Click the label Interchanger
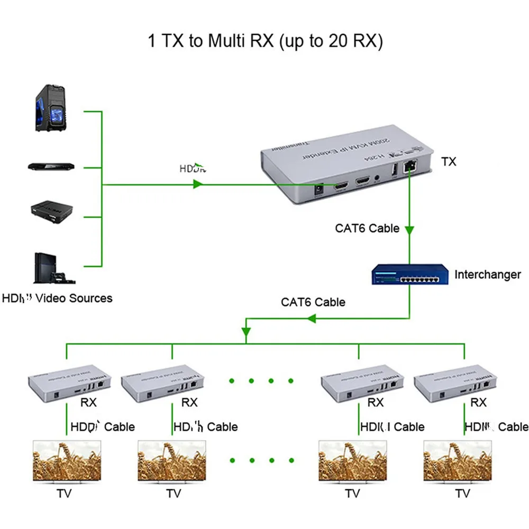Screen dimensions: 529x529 click(487, 275)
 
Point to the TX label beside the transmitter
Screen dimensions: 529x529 click(448, 162)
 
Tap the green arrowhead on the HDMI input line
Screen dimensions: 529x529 click(198, 185)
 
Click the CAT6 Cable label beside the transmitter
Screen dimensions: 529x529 click(367, 229)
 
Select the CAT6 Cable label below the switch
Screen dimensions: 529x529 click(313, 302)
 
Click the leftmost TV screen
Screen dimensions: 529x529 click(67, 461)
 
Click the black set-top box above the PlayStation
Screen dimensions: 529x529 click(51, 209)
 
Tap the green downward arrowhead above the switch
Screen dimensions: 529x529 click(409, 230)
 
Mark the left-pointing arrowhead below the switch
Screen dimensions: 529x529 click(312, 319)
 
